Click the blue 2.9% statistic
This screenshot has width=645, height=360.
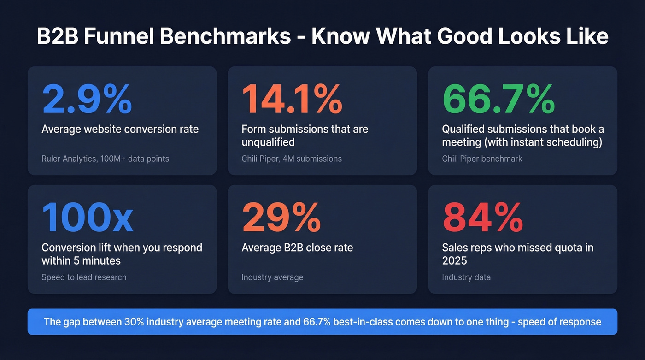pos(87,99)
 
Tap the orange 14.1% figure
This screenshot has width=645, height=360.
pos(292,99)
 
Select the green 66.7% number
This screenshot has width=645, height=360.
pos(498,99)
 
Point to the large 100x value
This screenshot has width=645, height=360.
pos(87,218)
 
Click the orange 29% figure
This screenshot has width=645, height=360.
pos(281,218)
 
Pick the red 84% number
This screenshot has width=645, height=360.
pos(482,218)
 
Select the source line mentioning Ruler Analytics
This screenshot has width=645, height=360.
pos(105,159)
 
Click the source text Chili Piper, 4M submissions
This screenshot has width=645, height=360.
pos(292,159)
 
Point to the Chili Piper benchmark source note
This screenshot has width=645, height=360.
pos(482,159)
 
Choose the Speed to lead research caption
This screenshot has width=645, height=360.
pos(84,277)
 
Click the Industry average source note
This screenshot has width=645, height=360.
pos(272,277)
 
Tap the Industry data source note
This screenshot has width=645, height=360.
pos(466,277)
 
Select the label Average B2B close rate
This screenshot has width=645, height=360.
pos(297,248)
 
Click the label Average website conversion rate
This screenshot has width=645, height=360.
pos(120,129)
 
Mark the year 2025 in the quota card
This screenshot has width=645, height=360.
pos(454,261)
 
